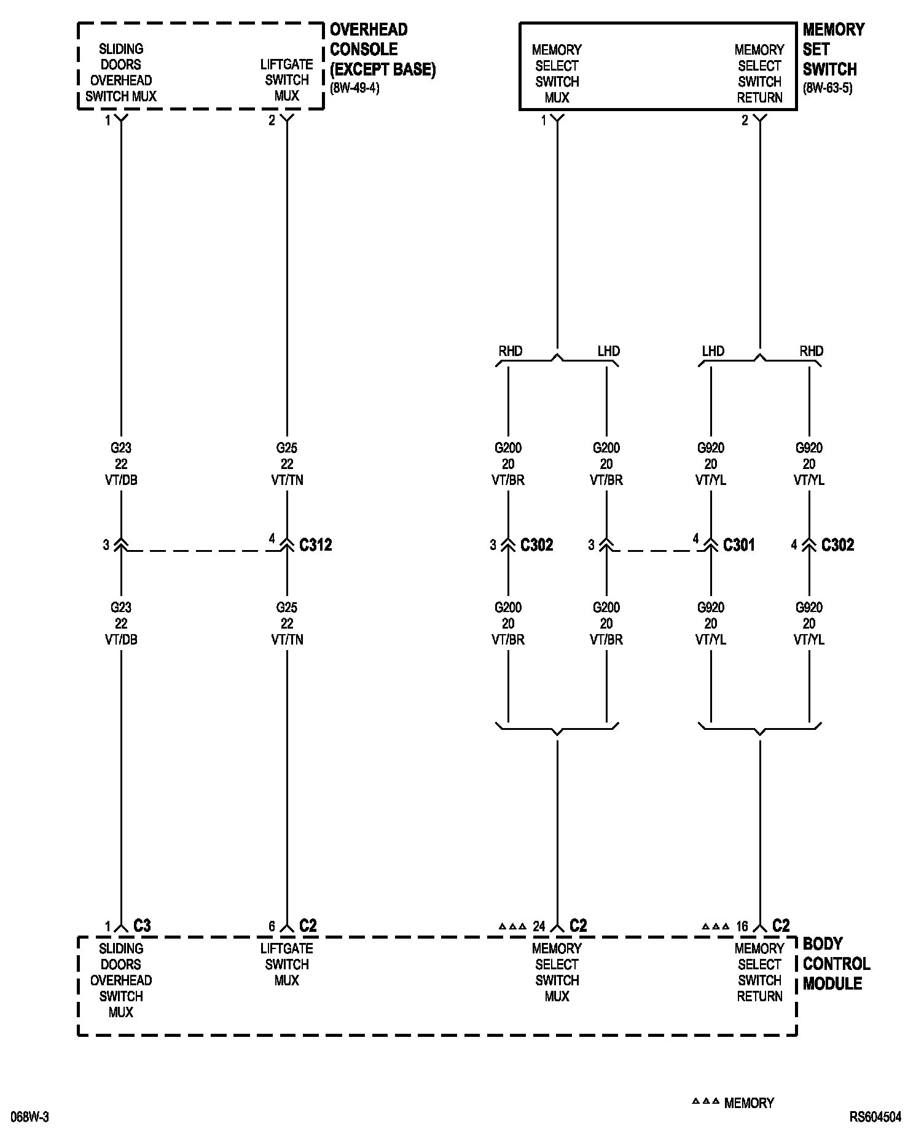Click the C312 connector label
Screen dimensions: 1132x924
315,545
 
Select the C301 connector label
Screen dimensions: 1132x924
738,545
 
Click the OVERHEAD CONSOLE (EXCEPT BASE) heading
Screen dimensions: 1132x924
382,49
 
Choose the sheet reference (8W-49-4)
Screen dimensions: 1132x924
354,88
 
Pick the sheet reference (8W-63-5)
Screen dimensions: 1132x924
828,88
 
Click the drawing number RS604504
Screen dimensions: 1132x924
875,1117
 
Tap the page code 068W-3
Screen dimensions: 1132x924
30,1117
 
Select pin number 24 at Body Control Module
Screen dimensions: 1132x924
538,926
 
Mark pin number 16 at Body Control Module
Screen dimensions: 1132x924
742,926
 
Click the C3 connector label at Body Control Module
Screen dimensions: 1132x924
142,925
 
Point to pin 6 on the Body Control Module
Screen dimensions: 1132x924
272,926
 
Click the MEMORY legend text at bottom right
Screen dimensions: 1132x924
749,1103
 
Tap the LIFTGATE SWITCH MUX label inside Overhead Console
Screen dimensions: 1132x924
287,80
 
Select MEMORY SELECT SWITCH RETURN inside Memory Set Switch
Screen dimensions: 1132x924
759,74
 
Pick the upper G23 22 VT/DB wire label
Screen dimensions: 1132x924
121,463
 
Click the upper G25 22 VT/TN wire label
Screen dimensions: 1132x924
287,463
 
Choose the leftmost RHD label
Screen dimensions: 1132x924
511,351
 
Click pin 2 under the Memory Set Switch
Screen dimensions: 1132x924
745,121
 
